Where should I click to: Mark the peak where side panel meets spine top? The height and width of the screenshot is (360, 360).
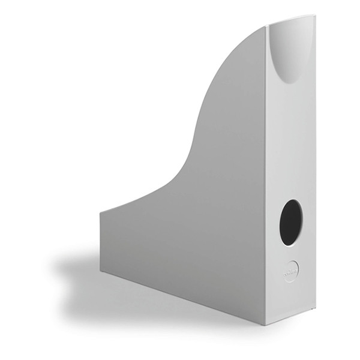(268, 26)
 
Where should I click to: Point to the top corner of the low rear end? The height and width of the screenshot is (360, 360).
(100, 211)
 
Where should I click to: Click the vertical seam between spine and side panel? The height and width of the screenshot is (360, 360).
(266, 180)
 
